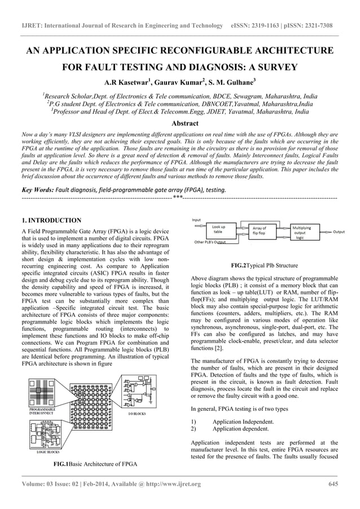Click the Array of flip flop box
point(260,230)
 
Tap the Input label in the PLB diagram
point(196,220)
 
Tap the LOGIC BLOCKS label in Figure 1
point(48,452)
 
